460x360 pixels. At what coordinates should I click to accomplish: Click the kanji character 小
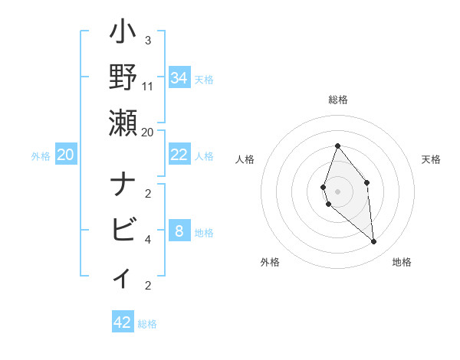123,33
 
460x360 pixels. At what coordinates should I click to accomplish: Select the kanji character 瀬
123,123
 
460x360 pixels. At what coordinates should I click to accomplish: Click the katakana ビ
123,229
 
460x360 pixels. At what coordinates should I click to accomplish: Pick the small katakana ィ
123,276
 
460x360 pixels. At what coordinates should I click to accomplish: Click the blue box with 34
179,78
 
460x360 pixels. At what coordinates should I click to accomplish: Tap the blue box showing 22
179,155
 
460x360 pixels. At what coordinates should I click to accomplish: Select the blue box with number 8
179,231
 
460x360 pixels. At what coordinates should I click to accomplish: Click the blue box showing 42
122,322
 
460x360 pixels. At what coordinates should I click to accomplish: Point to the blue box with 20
65,155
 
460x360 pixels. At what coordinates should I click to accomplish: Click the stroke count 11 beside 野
148,86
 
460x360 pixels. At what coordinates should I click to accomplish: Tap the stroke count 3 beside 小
148,40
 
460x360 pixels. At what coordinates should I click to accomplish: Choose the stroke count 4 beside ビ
148,239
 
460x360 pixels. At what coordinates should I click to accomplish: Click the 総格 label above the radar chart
337,100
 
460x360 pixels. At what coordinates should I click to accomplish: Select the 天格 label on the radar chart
432,159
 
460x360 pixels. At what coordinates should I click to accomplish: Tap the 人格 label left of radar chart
245,159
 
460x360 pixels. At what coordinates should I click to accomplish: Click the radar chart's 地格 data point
374,242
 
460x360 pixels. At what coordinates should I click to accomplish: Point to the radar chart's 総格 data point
337,146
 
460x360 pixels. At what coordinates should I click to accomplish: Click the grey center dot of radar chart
337,191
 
